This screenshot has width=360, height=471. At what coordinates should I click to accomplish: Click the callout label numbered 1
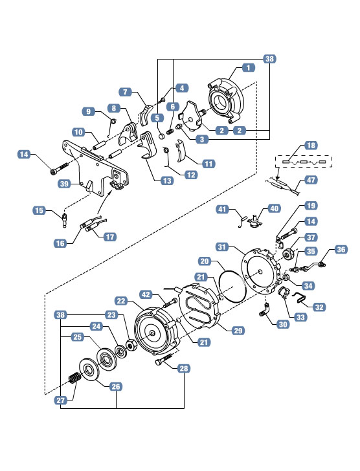coord(248,67)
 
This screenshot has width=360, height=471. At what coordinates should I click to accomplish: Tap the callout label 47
coord(311,180)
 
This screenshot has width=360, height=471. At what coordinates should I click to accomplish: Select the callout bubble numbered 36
coord(341,249)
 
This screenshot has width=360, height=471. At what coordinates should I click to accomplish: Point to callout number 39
coord(64,184)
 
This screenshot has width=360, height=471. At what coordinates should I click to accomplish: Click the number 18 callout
coord(311,146)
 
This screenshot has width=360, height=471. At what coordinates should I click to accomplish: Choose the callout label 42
coord(146,294)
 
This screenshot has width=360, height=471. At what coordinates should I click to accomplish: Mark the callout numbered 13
coord(167,181)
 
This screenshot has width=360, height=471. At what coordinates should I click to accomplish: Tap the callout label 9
coord(88,111)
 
